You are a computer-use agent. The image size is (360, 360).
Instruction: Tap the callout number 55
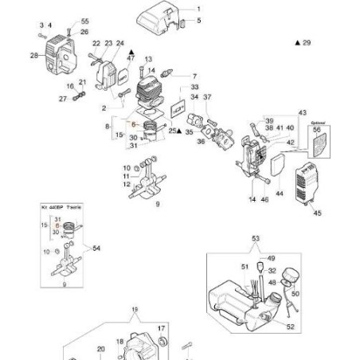pyautogui.click(x=86, y=22)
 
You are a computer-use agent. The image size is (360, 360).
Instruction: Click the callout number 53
pyautogui.click(x=256, y=238)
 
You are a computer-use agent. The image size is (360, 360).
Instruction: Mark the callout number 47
pyautogui.click(x=131, y=59)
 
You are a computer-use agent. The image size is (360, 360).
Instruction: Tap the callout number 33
pyautogui.click(x=195, y=87)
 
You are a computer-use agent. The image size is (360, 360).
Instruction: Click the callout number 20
pyautogui.click(x=100, y=349)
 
